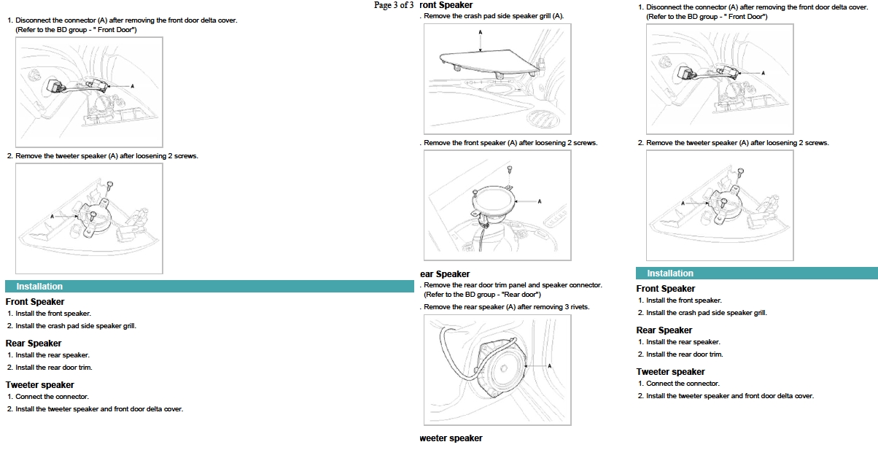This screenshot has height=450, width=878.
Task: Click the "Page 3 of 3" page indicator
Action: (394, 5)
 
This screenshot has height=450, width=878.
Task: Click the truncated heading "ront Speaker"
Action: (446, 5)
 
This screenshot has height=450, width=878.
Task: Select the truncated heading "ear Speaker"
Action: (445, 274)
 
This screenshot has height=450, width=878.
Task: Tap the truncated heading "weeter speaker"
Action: (451, 438)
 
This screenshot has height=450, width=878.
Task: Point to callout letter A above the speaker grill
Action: (481, 32)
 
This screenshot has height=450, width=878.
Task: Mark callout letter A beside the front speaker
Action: (540, 201)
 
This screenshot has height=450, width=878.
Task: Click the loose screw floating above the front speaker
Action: (510, 170)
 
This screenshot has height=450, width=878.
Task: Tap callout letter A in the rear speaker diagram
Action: (548, 365)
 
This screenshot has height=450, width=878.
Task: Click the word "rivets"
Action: (578, 307)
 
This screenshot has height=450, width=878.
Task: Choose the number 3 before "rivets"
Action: (562, 307)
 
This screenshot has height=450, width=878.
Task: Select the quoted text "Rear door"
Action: (521, 295)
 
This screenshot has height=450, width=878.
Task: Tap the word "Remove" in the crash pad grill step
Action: (437, 16)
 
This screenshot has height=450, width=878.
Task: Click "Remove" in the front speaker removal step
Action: (437, 143)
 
